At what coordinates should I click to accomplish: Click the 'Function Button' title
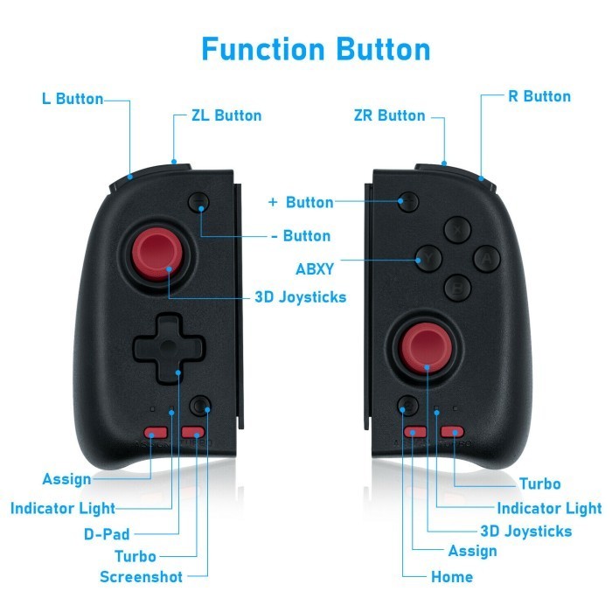pyautogui.click(x=316, y=49)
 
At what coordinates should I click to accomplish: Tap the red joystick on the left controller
pyautogui.click(x=156, y=254)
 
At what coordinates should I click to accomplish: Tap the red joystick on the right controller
pyautogui.click(x=427, y=348)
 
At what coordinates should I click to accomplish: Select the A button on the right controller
pyautogui.click(x=486, y=259)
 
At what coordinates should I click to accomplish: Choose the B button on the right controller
pyautogui.click(x=457, y=288)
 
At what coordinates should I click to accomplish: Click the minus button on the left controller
pyautogui.click(x=198, y=202)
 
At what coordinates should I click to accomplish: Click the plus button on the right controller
pyautogui.click(x=408, y=201)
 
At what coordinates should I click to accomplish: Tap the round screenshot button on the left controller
pyautogui.click(x=200, y=406)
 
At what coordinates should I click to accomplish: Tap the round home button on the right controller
pyautogui.click(x=408, y=406)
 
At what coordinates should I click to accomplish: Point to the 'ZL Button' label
pyautogui.click(x=226, y=115)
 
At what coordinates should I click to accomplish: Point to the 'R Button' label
pyautogui.click(x=539, y=96)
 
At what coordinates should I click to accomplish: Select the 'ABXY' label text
pyautogui.click(x=315, y=269)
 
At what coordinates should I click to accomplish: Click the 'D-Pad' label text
pyautogui.click(x=107, y=534)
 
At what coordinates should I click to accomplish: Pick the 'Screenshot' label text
pyautogui.click(x=141, y=576)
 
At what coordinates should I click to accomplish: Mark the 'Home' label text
pyautogui.click(x=452, y=576)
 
